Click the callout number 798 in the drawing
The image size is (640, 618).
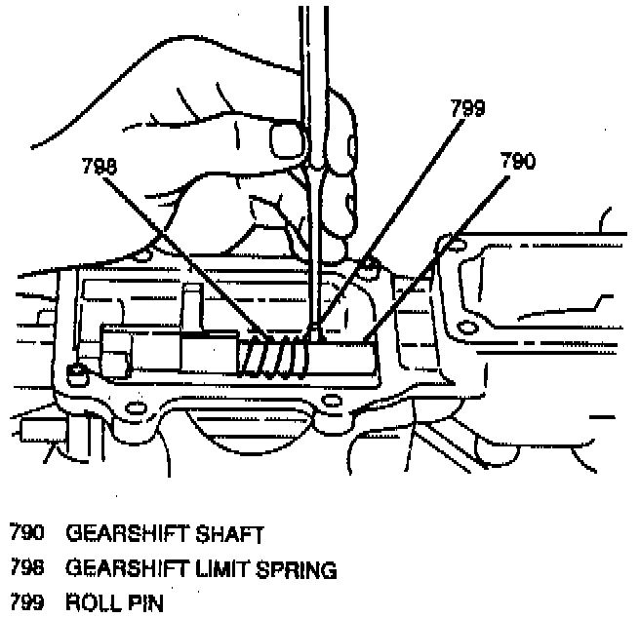[x=99, y=168]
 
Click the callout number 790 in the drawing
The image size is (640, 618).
[x=516, y=162]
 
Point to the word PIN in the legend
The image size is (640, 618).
[x=140, y=601]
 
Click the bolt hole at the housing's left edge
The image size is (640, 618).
[x=74, y=371]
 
